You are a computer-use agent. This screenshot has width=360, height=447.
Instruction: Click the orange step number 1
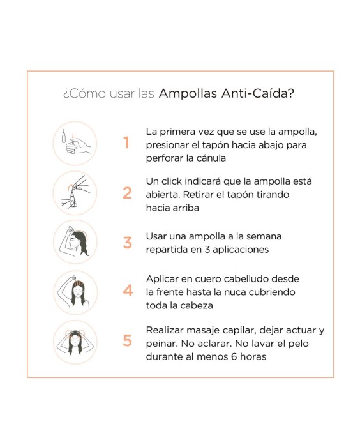coord(126,143)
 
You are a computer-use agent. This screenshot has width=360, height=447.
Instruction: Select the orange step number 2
coord(127,192)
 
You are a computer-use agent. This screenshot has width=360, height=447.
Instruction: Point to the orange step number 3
coord(127,243)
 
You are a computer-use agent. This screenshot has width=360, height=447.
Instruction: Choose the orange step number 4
coord(128,291)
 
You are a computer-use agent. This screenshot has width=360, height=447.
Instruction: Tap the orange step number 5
coord(127,341)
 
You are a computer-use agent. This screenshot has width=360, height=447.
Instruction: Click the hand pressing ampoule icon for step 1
coord(75,143)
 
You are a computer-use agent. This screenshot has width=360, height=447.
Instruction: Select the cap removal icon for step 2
coord(75,192)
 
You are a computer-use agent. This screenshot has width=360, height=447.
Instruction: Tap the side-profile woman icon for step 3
coord(75,242)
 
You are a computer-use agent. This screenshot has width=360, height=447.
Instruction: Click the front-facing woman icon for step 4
coord(75,292)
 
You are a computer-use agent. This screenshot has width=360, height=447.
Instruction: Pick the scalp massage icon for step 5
coord(75,342)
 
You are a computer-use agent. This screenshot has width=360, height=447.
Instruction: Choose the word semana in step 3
coord(263,236)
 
